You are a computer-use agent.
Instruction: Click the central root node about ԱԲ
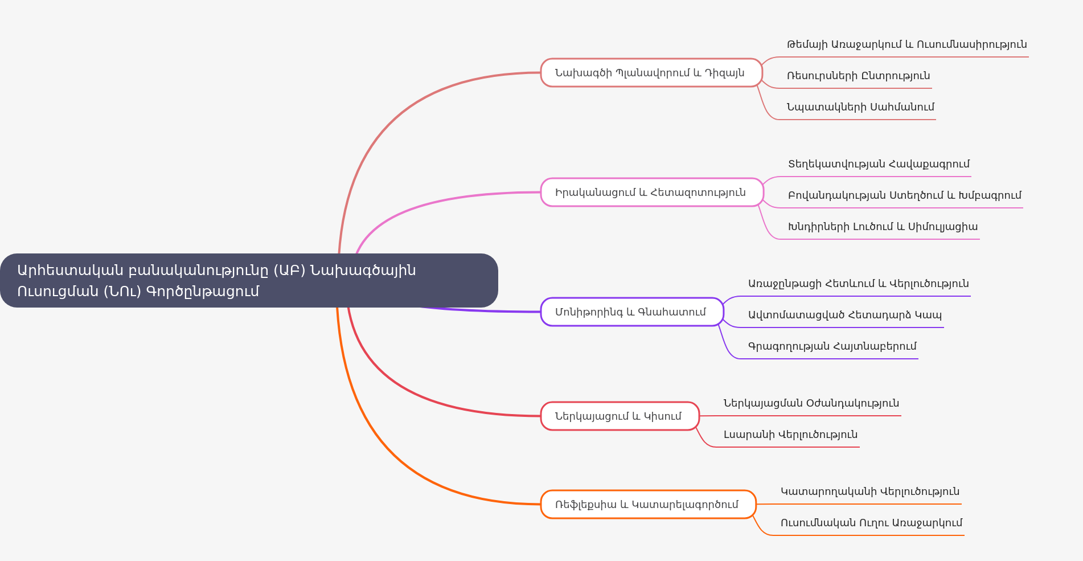click(x=249, y=280)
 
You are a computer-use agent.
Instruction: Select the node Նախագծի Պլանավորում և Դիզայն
click(x=651, y=73)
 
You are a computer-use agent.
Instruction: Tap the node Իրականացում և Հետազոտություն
click(x=651, y=193)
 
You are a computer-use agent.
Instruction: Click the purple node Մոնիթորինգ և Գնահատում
click(x=631, y=312)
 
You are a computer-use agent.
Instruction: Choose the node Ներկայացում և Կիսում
click(x=620, y=416)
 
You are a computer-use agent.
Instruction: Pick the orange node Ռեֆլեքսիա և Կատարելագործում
click(x=648, y=505)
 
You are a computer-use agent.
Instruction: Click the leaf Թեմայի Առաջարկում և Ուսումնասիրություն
click(x=906, y=44)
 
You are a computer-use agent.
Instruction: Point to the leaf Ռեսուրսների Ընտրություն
click(x=858, y=76)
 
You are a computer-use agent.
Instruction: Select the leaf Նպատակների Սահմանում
click(x=860, y=107)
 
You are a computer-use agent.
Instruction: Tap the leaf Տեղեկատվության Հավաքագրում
click(x=879, y=164)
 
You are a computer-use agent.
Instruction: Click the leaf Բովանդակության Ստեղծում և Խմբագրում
click(x=904, y=195)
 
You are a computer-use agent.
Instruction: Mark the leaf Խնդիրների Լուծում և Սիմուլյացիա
click(x=883, y=227)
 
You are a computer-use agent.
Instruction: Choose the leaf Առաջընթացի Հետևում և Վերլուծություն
click(x=858, y=284)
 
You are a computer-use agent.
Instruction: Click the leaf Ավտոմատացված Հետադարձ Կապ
click(x=844, y=315)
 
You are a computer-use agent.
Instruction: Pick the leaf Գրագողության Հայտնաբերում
click(x=832, y=346)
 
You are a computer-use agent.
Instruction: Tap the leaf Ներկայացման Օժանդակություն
click(x=811, y=403)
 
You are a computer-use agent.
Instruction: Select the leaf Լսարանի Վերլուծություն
click(x=790, y=435)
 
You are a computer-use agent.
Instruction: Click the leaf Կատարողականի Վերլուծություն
click(x=869, y=492)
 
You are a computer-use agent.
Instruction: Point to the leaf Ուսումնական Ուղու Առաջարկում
click(x=871, y=523)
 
